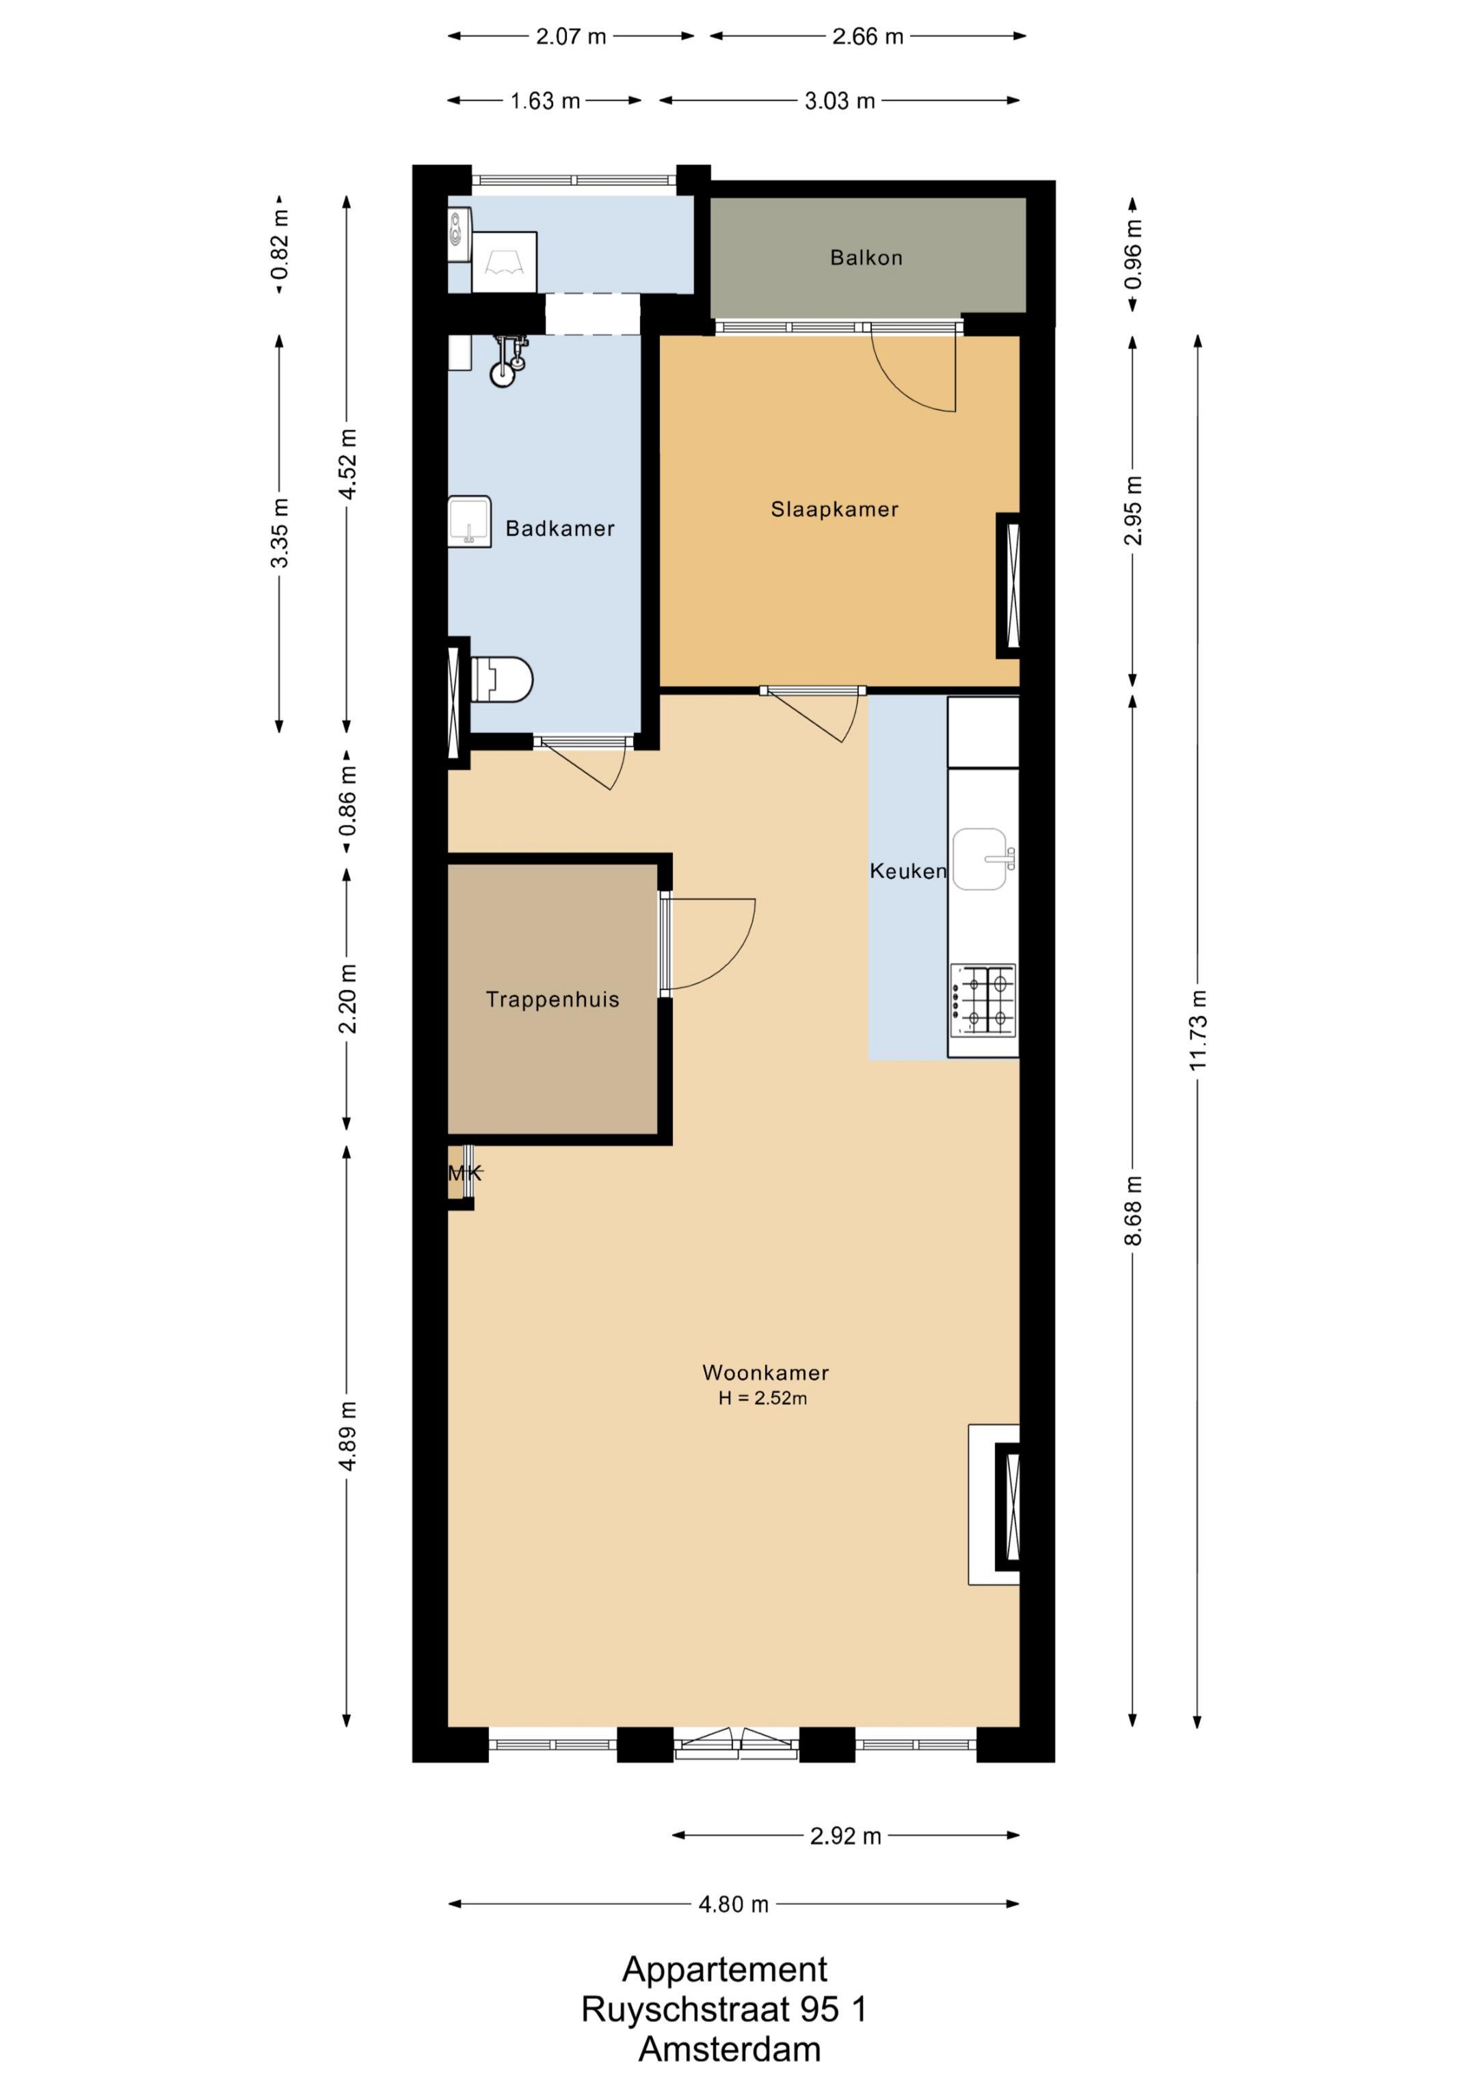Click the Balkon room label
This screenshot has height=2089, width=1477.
(x=866, y=258)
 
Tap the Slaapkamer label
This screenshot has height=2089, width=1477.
(x=834, y=509)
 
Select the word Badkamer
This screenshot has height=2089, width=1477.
(x=559, y=529)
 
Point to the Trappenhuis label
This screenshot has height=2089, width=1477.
(x=553, y=1000)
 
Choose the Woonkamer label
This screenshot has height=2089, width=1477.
(x=765, y=1372)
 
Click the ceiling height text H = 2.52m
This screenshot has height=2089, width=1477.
(x=762, y=1398)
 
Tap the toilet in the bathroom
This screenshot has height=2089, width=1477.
(x=501, y=680)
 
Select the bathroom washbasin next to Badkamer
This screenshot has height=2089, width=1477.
(x=470, y=521)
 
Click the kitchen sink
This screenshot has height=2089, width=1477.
(x=983, y=859)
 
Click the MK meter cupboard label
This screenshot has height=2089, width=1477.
(x=464, y=1173)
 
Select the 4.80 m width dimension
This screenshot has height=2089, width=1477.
(x=734, y=1904)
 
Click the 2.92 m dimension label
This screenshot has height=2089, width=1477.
(x=845, y=1836)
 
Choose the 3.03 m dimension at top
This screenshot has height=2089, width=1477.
(x=840, y=101)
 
